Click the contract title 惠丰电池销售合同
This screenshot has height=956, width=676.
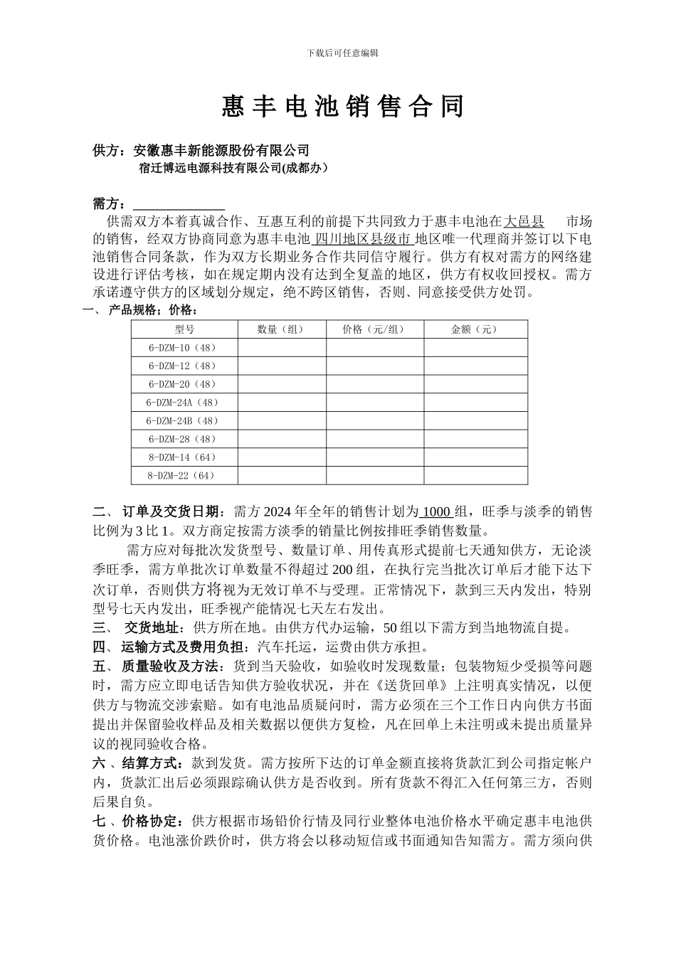click(342, 107)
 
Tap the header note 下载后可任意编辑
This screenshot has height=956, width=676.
click(342, 53)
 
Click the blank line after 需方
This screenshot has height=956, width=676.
click(179, 205)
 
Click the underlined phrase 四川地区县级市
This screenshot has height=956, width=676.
click(363, 238)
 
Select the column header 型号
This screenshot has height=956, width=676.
click(184, 329)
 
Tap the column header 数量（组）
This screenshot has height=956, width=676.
click(282, 329)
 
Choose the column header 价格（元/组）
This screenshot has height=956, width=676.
click(374, 329)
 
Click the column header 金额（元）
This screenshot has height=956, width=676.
click(475, 329)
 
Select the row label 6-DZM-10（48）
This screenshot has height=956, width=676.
click(183, 348)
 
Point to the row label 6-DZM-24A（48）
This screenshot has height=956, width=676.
click(183, 403)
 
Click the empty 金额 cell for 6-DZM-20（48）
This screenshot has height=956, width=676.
click(475, 384)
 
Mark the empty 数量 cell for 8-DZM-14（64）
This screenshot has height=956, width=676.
click(282, 457)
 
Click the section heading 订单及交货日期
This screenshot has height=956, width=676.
click(170, 512)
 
